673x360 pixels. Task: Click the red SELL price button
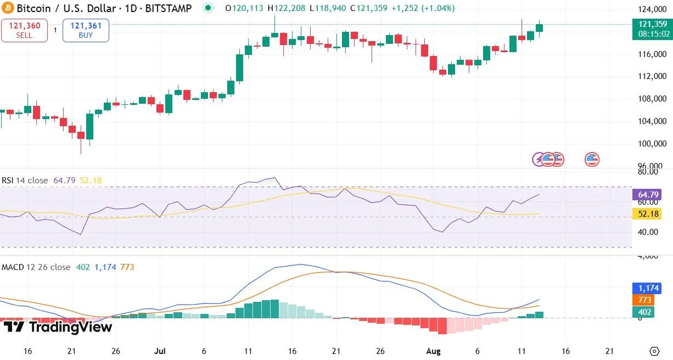[x=24, y=30]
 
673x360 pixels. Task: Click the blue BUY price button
[x=86, y=30]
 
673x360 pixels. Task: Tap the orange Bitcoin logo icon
[x=8, y=9]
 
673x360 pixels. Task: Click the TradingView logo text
[x=58, y=328]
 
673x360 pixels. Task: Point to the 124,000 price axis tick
[x=652, y=9]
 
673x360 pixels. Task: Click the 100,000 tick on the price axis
[x=652, y=144]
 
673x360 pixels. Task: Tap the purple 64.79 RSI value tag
[x=646, y=194]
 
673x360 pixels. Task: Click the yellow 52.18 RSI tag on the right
[x=646, y=214]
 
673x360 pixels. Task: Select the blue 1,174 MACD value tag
[x=646, y=288]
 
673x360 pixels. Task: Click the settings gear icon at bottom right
[x=654, y=351]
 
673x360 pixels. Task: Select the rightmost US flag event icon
[x=592, y=160]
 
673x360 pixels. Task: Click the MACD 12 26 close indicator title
[x=36, y=267]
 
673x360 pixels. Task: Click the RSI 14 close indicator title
[x=25, y=181]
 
